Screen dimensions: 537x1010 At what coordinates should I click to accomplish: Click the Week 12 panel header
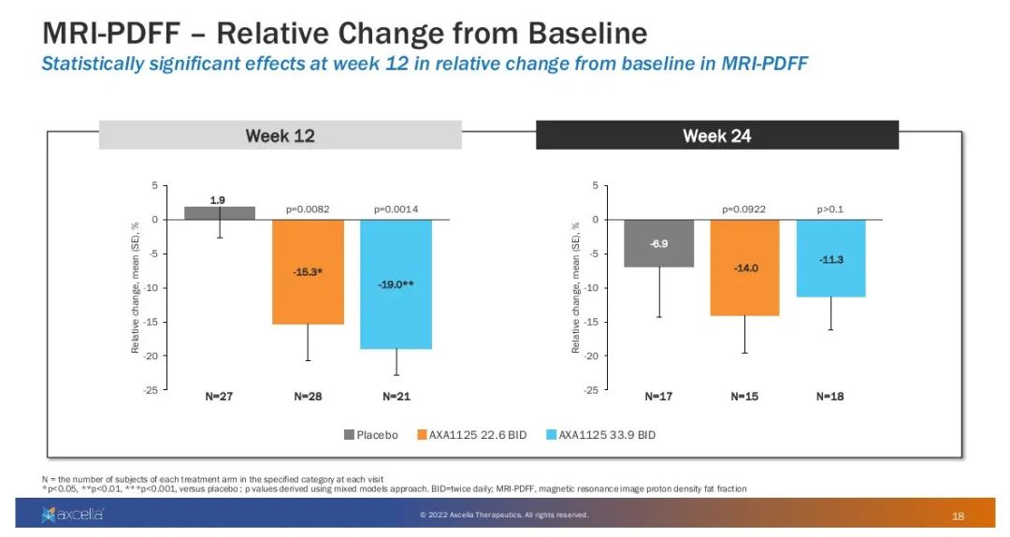click(x=280, y=136)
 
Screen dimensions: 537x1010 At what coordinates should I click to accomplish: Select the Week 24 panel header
click(x=716, y=136)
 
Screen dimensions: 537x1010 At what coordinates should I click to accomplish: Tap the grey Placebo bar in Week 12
click(x=220, y=213)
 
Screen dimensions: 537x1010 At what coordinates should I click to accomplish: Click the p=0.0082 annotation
click(x=308, y=210)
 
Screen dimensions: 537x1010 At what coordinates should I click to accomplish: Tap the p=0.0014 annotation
click(x=396, y=210)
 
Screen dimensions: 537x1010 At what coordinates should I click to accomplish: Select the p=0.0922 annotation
click(x=744, y=210)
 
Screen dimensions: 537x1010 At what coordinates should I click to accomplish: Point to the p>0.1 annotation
click(x=830, y=210)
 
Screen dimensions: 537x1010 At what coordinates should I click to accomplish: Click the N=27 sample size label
click(x=220, y=397)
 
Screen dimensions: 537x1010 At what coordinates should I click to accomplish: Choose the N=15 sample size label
click(x=744, y=397)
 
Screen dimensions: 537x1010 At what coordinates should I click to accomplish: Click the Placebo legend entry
click(x=371, y=435)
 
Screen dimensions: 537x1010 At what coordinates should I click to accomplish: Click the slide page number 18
click(x=958, y=515)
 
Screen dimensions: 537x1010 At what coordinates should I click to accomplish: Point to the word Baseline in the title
click(x=570, y=34)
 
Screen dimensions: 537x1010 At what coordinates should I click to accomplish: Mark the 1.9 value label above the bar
click(x=218, y=199)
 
